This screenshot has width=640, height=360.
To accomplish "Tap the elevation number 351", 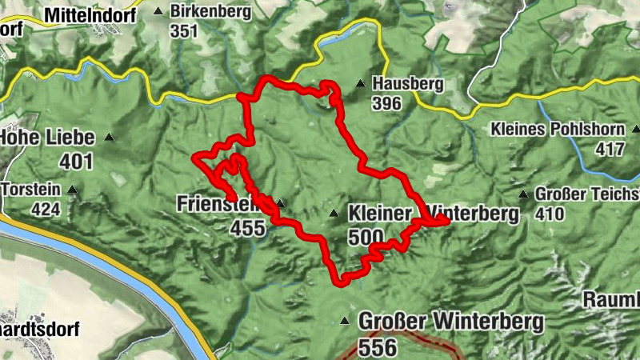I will coord(183,31).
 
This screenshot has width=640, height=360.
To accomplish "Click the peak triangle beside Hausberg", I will coord(361,82).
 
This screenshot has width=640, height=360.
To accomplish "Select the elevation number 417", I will coord(610,149).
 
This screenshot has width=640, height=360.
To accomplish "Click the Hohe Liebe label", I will coord(47,138).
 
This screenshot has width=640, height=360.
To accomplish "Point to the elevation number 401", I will coord(76,162).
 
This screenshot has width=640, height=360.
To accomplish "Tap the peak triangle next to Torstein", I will coord(73,190).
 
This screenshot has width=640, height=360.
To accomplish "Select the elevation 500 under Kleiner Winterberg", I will coord(366,237).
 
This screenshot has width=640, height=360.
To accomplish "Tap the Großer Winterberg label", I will coord(452,322).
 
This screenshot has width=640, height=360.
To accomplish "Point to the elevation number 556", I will coord(378,347).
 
